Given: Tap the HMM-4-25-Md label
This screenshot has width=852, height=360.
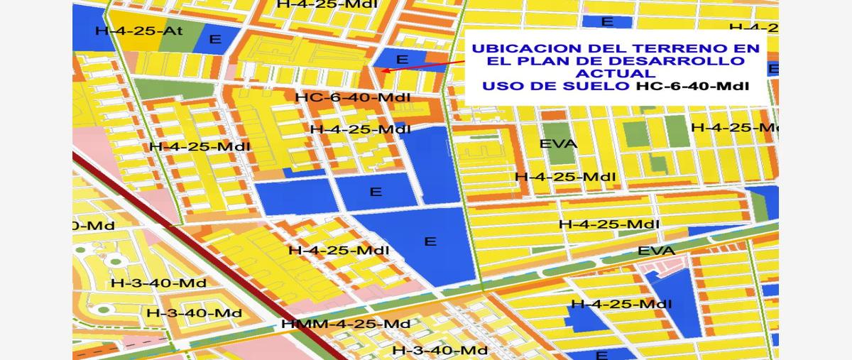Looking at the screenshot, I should point(346,324).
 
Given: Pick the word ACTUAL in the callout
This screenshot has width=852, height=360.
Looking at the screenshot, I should point(615,74).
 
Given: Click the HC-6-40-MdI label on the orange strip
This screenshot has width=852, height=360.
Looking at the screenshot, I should point(353,97).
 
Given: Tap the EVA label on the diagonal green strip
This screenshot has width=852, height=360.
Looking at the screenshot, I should point(656,251).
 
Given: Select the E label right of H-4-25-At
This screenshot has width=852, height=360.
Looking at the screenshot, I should point(215,39).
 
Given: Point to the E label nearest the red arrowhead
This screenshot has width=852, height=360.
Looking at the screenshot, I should point(403,60).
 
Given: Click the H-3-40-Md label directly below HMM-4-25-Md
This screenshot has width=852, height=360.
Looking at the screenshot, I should point(440,350).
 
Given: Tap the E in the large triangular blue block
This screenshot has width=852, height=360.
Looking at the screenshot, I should point(430,241).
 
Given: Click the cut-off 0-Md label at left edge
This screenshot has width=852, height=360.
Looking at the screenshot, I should point(94,226).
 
